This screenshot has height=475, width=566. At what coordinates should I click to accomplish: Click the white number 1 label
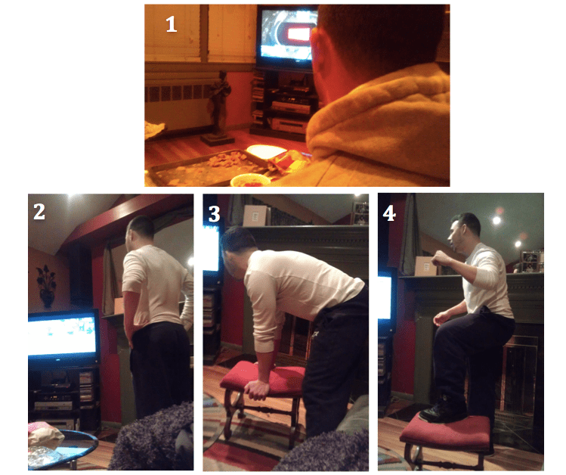(171, 24)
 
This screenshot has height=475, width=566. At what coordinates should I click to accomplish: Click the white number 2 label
(39, 211)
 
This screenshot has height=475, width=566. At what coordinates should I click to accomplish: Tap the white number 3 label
(214, 214)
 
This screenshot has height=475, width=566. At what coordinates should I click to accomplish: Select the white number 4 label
(389, 213)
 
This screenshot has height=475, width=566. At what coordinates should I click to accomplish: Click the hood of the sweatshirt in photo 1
(376, 116)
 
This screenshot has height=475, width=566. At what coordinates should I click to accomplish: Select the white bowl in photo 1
(266, 151)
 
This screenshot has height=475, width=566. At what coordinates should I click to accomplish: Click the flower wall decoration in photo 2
(46, 286)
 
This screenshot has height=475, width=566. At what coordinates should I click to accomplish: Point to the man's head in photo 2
(141, 231)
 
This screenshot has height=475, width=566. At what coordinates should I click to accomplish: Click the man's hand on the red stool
(258, 388)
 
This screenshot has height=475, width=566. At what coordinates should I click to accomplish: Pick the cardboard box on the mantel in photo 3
(255, 216)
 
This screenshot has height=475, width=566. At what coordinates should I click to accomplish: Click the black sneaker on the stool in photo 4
(444, 411)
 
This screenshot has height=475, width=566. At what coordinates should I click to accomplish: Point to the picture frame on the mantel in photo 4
(531, 261)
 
